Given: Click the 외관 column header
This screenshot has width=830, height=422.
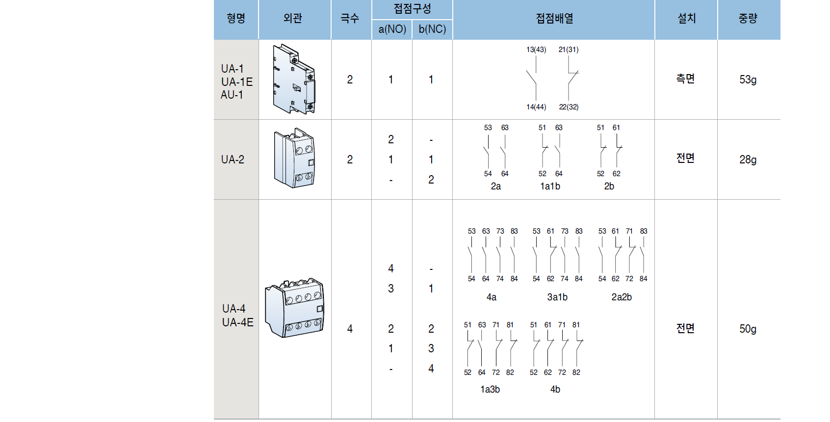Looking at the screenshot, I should (293, 19).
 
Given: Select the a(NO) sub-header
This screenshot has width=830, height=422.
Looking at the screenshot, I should (392, 29).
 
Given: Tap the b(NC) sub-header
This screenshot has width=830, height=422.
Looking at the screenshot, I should (432, 29).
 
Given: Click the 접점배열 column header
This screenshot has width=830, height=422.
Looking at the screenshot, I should (554, 19).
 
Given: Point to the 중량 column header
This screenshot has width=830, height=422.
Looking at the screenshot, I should (748, 19).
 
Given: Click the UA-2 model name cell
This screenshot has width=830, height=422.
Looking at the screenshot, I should (233, 159).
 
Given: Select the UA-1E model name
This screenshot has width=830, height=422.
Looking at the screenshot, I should (237, 82).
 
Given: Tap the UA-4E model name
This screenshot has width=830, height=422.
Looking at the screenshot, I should (238, 322).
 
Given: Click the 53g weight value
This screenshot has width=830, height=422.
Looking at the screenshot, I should (748, 79).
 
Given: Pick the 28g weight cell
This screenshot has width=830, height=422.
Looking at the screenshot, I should (748, 159).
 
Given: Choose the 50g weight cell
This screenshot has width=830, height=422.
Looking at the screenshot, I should (748, 329).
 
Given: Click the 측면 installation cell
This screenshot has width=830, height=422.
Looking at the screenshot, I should (685, 79).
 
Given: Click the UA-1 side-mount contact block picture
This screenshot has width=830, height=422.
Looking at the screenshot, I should (294, 79).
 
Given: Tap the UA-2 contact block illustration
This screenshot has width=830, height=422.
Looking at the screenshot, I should (294, 158).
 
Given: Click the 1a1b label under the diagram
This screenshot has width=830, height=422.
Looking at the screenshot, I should (550, 186).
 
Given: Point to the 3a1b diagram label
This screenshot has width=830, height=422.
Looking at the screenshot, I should (557, 297).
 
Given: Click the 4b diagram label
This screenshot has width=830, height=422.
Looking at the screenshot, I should (555, 390).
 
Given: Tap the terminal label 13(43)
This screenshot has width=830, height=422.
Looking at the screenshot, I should (536, 50).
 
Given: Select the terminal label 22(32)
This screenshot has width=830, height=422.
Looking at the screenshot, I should (569, 107).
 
